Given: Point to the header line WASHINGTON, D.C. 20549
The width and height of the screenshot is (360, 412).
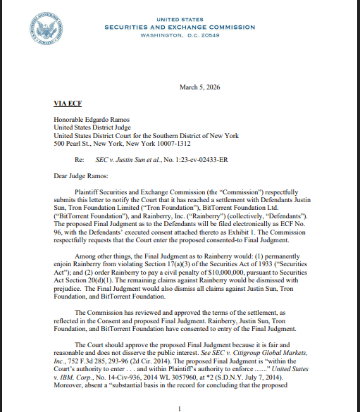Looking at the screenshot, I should pyautogui.click(x=180, y=35).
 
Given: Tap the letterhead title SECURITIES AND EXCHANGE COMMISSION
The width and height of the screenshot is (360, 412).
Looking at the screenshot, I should pyautogui.click(x=180, y=26).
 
